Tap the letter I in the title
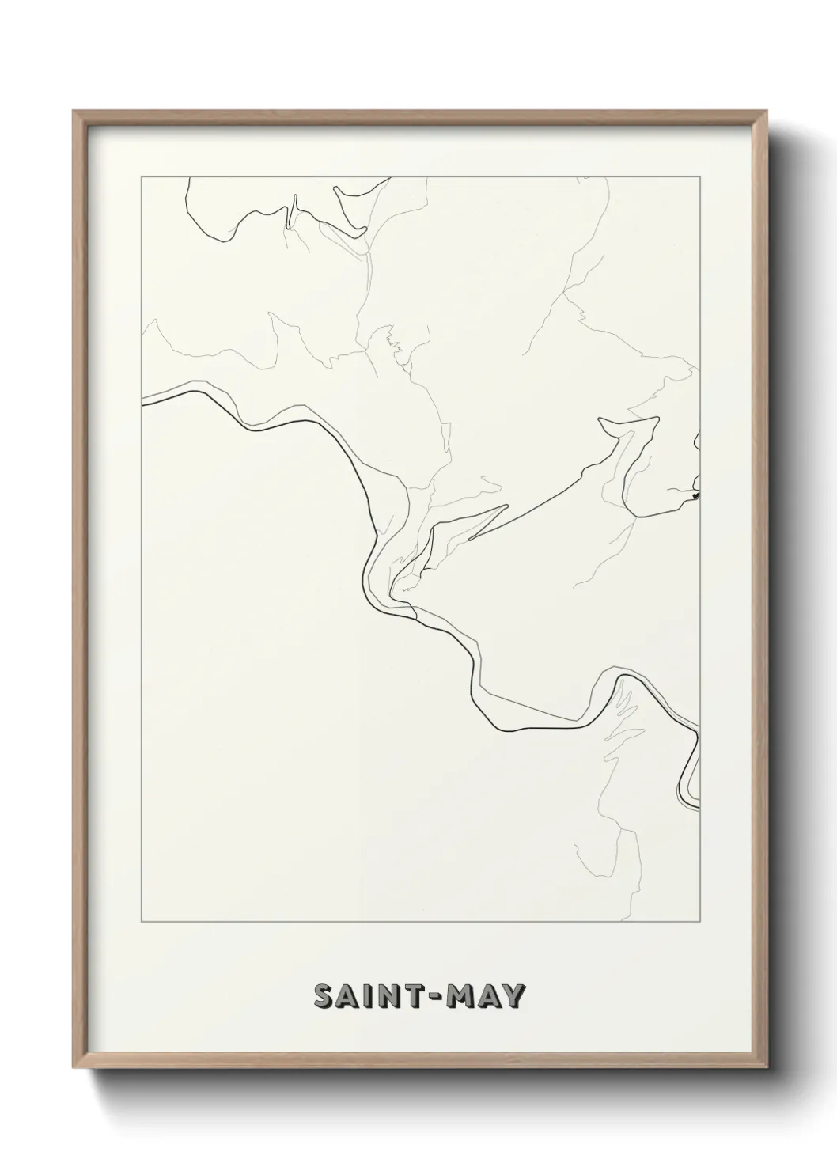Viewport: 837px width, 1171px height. pos(370,997)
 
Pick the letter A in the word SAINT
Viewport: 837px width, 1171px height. pos(349,997)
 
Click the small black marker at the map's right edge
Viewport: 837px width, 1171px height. pos(695,496)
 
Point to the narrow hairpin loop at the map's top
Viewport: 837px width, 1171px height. pos(292,212)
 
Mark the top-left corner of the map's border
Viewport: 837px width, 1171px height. pos(142,178)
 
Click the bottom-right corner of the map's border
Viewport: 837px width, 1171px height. pos(699,923)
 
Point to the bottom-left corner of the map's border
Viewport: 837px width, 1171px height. pos(142,923)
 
